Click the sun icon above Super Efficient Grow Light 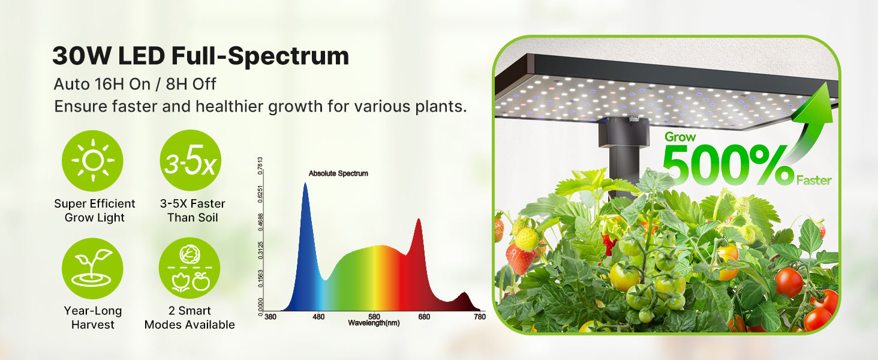[x=92, y=161]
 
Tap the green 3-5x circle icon [x=191, y=160]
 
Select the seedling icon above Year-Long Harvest [x=92, y=268]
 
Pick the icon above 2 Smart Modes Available [x=190, y=268]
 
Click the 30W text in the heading [x=82, y=56]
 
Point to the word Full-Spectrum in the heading [x=260, y=56]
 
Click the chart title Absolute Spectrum [x=338, y=173]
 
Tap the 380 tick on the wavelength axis [x=270, y=316]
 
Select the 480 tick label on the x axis [x=318, y=316]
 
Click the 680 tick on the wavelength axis [x=424, y=316]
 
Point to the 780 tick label [x=480, y=316]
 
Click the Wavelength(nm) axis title [x=374, y=323]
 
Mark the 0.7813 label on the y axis [x=260, y=166]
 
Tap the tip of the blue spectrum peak [x=305, y=183]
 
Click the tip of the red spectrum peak [x=419, y=219]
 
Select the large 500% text [x=729, y=165]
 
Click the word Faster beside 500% [x=814, y=181]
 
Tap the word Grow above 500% [x=680, y=137]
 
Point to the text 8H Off [x=191, y=84]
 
